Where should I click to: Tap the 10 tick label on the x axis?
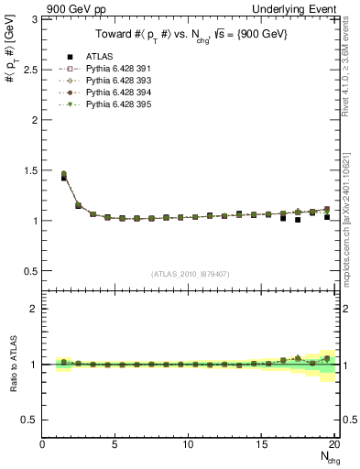188,444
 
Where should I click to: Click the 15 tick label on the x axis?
260,444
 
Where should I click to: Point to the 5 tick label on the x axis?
115,444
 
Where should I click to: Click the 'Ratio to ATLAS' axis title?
12,365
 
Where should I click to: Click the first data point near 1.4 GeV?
62,178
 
